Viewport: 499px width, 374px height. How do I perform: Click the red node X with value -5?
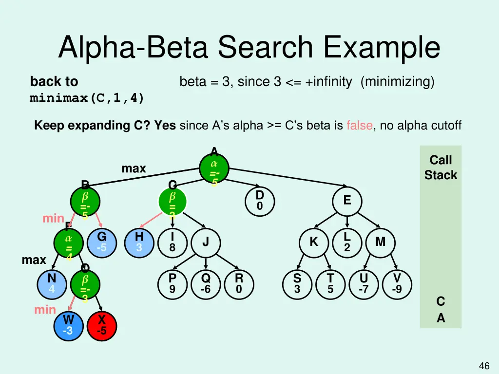[101, 325]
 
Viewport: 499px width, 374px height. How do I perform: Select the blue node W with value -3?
[69, 325]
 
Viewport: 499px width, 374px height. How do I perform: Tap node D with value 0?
[260, 201]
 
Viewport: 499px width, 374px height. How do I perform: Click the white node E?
[346, 201]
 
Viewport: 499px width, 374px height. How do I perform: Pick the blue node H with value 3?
[139, 242]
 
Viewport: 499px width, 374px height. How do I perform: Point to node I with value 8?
[172, 242]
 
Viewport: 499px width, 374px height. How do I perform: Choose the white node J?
[206, 242]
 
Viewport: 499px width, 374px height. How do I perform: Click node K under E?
[314, 242]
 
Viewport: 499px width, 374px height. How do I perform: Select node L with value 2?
[346, 242]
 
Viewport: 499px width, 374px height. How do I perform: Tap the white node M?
[380, 242]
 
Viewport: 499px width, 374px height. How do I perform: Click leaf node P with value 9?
[172, 283]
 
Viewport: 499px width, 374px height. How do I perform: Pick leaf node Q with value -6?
[206, 283]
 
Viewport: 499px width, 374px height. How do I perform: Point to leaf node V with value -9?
[397, 283]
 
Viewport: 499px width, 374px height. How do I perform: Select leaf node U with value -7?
[364, 283]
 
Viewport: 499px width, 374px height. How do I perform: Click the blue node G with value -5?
[101, 242]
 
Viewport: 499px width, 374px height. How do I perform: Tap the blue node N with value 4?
[52, 283]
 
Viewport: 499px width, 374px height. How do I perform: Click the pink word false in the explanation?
[360, 126]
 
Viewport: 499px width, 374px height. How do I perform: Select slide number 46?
[484, 366]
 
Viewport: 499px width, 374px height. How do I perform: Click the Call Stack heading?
[441, 168]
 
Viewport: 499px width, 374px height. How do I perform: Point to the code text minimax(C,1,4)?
[87, 98]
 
